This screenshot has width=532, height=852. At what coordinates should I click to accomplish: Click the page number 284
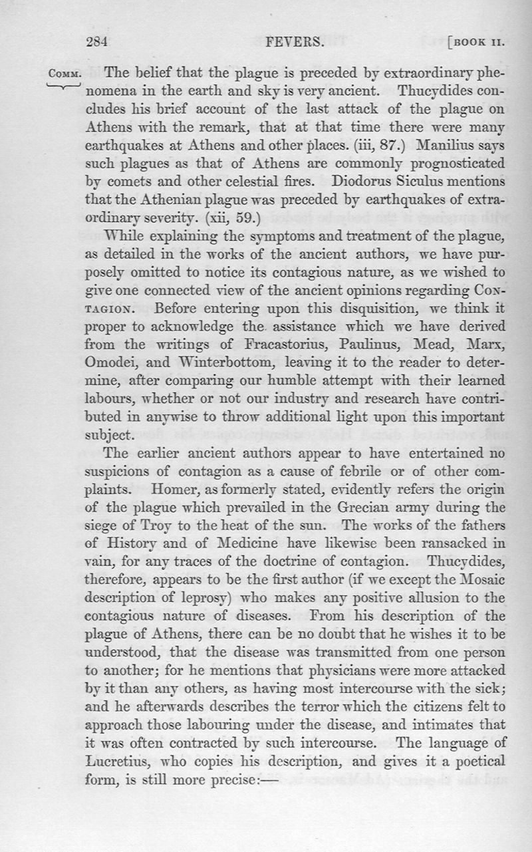[x=96, y=43]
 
